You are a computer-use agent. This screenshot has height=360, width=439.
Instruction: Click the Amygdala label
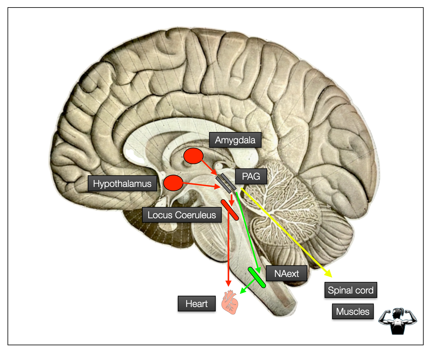[x=235, y=140]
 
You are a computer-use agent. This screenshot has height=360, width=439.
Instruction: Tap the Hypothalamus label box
[x=122, y=183]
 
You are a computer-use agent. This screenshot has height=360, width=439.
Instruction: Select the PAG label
[x=251, y=176]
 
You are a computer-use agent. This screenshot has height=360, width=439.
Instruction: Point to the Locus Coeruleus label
[x=182, y=215]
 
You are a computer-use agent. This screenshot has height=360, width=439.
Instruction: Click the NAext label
[x=286, y=273]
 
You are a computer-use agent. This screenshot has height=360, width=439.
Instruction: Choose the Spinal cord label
[x=351, y=290]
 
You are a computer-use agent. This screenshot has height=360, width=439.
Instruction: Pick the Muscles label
[x=353, y=311]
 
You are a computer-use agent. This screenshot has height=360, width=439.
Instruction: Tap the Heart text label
[x=197, y=304]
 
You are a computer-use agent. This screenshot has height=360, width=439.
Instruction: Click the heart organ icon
[x=230, y=302]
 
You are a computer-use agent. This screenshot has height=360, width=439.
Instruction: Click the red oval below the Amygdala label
[x=193, y=156]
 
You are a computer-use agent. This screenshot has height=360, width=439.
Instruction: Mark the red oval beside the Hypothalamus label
[x=173, y=183]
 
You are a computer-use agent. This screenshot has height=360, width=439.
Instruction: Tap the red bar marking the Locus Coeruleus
[x=230, y=210]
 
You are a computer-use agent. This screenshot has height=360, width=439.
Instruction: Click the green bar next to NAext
[x=257, y=278]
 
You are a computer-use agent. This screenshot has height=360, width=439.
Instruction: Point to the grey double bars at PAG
[x=226, y=183]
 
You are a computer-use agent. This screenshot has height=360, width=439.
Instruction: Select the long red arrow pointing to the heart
[x=228, y=251]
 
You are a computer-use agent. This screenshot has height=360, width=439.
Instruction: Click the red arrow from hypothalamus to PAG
[x=201, y=185]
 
